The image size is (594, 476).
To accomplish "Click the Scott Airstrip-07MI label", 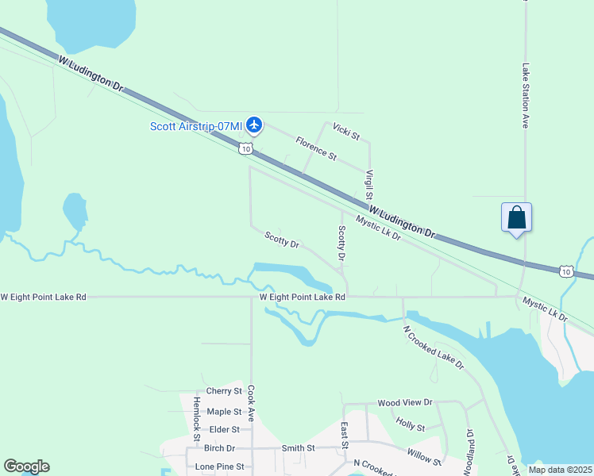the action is tap(196, 125).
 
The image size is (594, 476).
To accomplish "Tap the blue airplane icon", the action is tap(254, 125).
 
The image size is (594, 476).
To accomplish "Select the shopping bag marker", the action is tap(516, 217).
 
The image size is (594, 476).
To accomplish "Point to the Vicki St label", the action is tap(346, 130).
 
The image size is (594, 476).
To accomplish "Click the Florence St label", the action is tap(316, 146).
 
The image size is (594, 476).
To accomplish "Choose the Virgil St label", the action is tap(369, 185).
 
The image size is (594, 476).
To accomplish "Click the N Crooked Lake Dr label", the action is tap(433, 347).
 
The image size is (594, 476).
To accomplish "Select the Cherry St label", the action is tap(223, 391).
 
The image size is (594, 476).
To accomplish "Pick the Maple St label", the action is tap(223, 412).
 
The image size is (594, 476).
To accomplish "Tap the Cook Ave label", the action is tap(251, 402).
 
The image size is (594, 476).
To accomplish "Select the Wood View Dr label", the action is tap(404, 403).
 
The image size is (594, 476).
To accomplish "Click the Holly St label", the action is tap(410, 427).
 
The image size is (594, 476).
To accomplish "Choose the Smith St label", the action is tap(298, 448).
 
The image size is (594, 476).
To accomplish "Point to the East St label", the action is tap(345, 435).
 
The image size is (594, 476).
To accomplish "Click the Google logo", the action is tap(27, 466).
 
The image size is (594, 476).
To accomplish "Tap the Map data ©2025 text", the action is tap(560, 470).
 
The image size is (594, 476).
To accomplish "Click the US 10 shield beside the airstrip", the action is tap(246, 148).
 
